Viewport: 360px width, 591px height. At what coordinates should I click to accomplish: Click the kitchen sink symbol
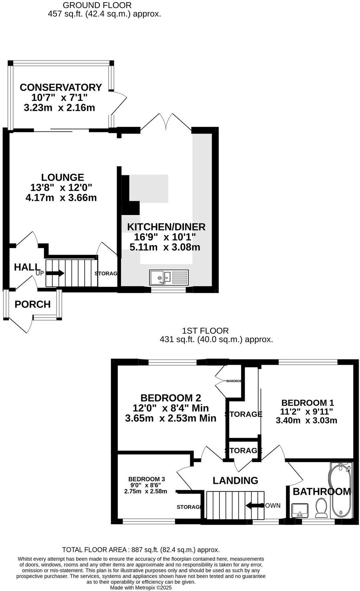point(169,277)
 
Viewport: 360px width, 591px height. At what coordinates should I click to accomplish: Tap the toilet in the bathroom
point(321,508)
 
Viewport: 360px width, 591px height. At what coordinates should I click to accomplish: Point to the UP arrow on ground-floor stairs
point(56,273)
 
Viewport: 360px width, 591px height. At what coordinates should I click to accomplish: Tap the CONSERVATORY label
point(60,87)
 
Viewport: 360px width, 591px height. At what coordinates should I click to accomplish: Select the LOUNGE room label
point(63,177)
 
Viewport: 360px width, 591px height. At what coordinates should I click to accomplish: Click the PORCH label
point(33,304)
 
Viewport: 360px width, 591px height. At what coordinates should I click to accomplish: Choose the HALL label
point(27,267)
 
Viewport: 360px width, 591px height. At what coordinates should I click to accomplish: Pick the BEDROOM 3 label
point(146,479)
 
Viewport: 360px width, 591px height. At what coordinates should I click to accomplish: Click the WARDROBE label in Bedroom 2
point(234,381)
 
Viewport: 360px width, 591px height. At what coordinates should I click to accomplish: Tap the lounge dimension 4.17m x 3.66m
point(61,198)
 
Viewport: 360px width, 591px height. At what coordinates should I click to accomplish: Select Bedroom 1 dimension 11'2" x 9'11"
point(307,411)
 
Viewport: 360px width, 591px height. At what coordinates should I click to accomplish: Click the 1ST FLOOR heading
point(205,331)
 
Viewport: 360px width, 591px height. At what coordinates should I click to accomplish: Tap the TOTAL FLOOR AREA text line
point(141,550)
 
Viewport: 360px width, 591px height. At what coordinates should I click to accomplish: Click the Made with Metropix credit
point(141,587)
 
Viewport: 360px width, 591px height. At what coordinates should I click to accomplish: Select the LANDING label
point(235,480)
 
